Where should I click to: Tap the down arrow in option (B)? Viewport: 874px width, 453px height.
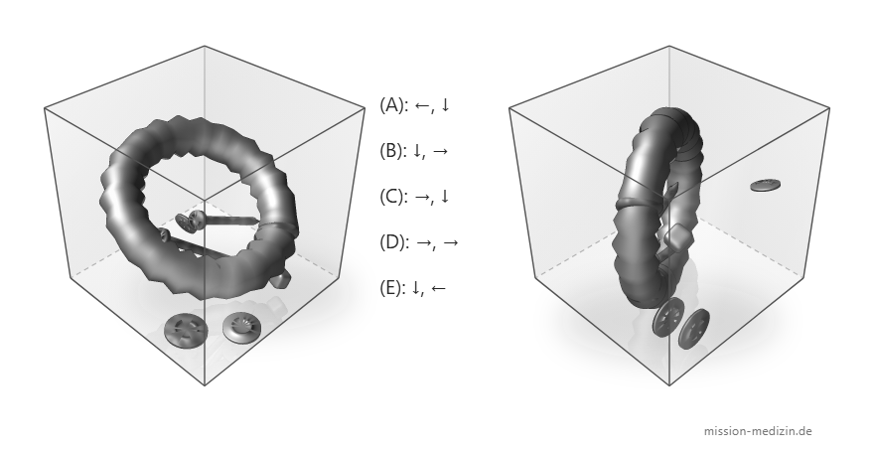pos(417,151)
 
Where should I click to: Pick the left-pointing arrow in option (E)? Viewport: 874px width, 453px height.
pos(438,288)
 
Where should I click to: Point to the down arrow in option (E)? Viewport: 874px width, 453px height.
pos(415,288)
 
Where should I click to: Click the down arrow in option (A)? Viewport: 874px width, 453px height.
pos(445,105)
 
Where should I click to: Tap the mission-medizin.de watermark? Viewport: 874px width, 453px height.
pos(758,431)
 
